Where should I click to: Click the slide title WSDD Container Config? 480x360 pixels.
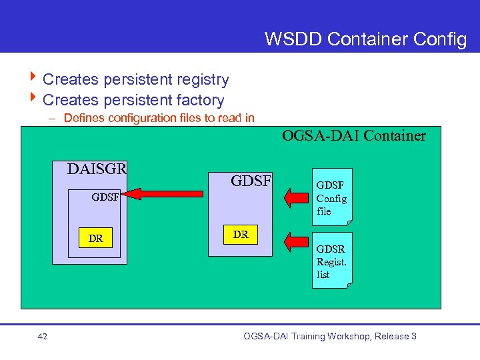(365, 39)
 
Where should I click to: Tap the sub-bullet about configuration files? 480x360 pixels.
(159, 118)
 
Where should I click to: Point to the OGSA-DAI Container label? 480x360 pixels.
(353, 136)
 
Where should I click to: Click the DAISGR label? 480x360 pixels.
(97, 169)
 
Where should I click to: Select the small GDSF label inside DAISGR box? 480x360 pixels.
(105, 197)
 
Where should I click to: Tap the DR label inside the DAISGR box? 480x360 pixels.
(95, 239)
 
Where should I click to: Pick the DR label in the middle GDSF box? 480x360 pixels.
(241, 235)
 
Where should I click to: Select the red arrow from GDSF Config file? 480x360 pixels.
(297, 198)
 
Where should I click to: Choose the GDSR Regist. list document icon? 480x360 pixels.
(332, 261)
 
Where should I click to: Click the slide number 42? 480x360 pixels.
(43, 337)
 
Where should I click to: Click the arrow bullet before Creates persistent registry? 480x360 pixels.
(33, 79)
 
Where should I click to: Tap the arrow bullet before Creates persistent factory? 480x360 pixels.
(33, 100)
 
